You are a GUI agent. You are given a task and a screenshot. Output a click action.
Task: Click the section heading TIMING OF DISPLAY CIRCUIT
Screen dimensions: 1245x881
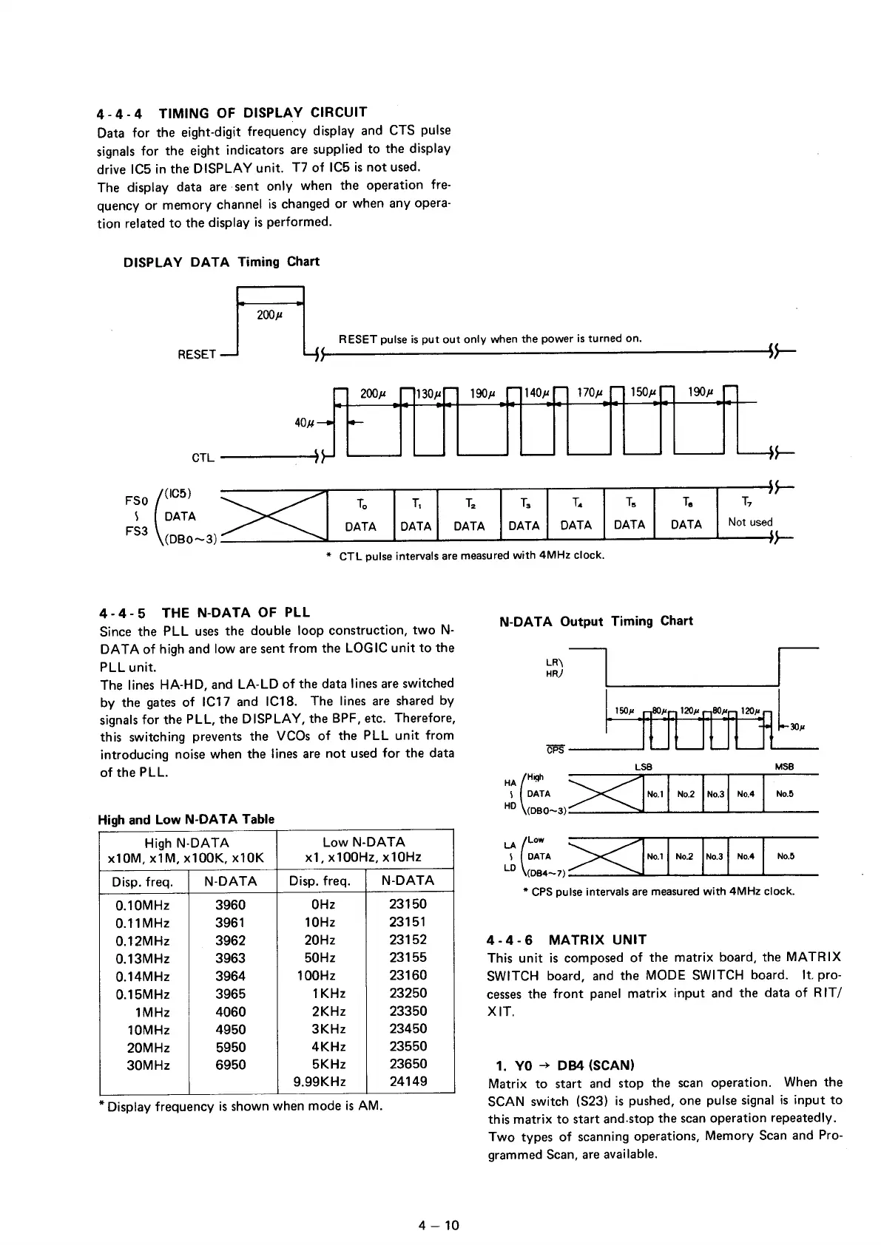click(x=263, y=112)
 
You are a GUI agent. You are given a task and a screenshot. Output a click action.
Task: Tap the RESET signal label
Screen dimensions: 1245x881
click(x=196, y=354)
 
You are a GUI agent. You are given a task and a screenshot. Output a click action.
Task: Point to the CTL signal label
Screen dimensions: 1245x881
click(x=203, y=458)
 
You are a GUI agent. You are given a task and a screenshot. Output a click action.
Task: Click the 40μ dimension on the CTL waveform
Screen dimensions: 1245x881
click(x=304, y=423)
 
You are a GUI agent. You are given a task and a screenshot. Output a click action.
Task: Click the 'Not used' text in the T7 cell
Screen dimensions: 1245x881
click(x=749, y=522)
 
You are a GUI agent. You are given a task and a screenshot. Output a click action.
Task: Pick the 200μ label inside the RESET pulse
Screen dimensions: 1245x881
click(x=269, y=316)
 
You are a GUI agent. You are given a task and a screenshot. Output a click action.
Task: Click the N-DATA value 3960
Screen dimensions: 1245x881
click(x=230, y=905)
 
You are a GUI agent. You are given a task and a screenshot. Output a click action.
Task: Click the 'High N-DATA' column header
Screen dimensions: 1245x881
click(x=187, y=843)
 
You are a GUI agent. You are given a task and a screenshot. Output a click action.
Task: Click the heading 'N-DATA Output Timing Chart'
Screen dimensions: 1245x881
click(x=596, y=621)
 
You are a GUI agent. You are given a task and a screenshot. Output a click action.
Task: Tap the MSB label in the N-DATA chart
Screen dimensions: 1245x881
click(x=784, y=767)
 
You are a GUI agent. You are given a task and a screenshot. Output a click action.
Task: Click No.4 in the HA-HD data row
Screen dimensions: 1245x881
click(x=746, y=795)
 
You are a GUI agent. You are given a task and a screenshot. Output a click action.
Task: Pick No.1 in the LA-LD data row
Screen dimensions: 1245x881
click(x=655, y=857)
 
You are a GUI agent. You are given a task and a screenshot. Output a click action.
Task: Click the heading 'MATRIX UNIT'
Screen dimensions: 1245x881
click(x=598, y=940)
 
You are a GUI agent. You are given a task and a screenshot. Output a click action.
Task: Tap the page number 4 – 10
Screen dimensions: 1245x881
click(x=439, y=1225)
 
